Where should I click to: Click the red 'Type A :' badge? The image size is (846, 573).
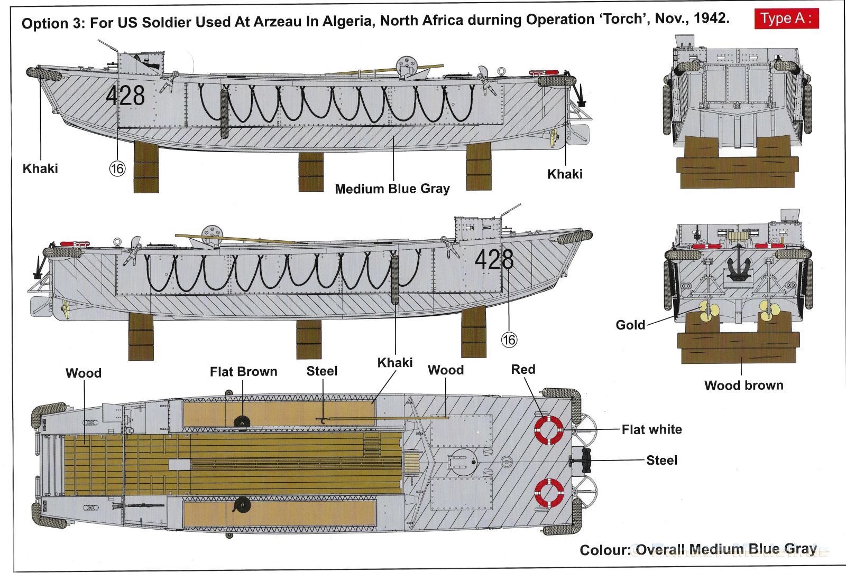point(786,18)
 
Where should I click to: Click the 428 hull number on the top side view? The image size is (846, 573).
point(125,96)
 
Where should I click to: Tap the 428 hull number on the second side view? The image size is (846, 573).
point(494,259)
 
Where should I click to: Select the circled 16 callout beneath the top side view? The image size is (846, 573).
point(117,168)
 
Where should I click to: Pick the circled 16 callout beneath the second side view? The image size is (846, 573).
point(509,340)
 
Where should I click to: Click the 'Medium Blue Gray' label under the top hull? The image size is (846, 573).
point(392,189)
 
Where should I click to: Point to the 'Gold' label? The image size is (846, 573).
point(630,325)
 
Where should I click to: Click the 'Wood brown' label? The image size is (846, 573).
point(743,385)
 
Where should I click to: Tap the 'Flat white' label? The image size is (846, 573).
point(651,429)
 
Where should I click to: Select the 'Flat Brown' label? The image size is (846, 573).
point(243,372)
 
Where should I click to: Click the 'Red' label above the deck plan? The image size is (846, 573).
point(523,369)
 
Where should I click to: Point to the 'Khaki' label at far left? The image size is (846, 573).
point(40,168)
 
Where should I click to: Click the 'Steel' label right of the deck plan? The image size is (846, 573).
point(661,461)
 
